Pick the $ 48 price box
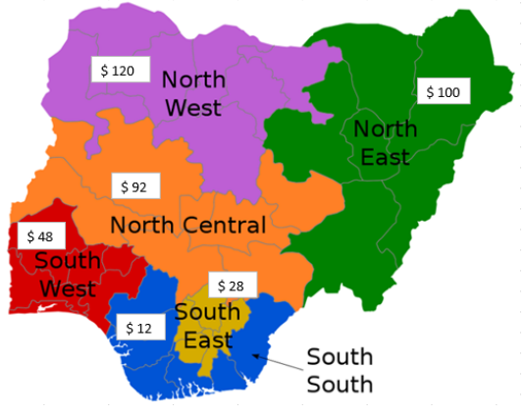click(x=40, y=236)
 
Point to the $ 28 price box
click(x=232, y=285)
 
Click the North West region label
click(x=192, y=93)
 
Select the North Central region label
click(x=187, y=226)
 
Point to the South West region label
click(x=67, y=276)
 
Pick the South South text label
click(x=340, y=369)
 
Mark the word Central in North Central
click(x=225, y=226)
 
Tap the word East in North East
click(x=383, y=156)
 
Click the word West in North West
click(x=193, y=107)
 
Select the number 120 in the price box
click(x=125, y=70)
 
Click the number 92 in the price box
click(x=141, y=185)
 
